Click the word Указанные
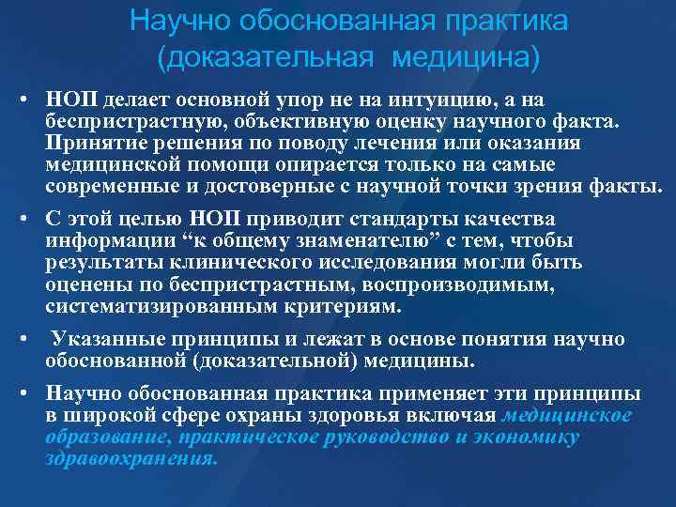[102, 341]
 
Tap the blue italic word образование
[101, 438]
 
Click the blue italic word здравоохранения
[131, 459]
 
